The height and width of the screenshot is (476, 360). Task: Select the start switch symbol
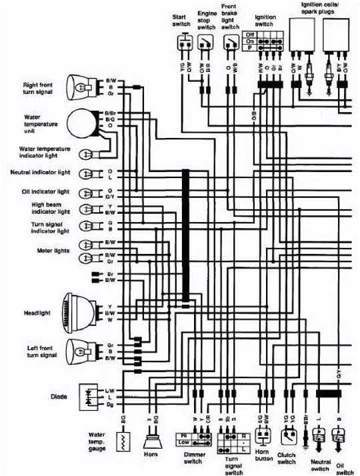(184, 43)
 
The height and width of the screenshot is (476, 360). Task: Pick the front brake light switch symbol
(231, 44)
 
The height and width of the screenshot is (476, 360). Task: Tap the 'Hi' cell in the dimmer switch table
(182, 435)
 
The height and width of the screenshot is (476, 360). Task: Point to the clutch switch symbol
(288, 436)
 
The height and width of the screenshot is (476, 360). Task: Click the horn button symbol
(263, 437)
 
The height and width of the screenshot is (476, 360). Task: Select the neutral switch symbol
(318, 438)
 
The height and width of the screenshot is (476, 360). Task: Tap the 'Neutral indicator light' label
(41, 172)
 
